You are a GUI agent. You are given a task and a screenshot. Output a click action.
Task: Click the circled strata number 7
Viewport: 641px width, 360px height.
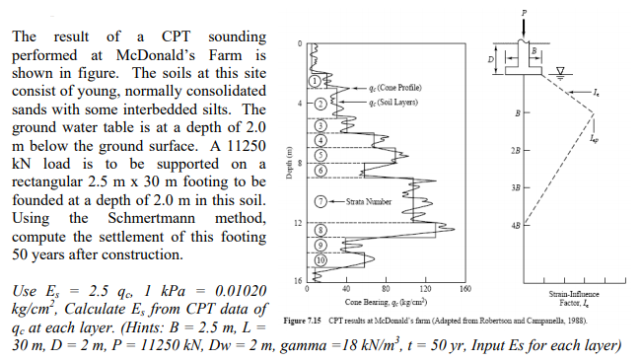point(320,201)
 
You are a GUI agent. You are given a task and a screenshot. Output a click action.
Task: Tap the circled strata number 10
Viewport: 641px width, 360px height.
point(320,260)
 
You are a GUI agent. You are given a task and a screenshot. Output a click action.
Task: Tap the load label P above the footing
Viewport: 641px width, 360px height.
point(522,12)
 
